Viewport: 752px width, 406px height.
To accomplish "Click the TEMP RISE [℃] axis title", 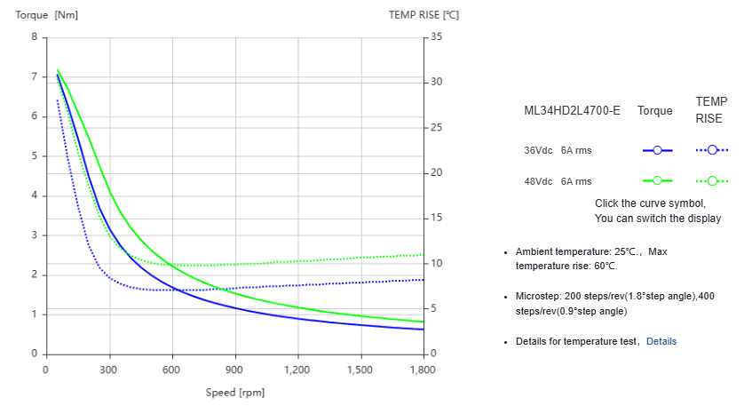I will pyautogui.click(x=424, y=14).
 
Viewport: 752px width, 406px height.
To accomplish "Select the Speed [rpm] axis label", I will pyautogui.click(x=234, y=392).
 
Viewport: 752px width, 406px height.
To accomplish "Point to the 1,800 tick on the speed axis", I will pyautogui.click(x=422, y=370).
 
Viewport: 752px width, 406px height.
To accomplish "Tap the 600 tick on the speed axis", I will pyautogui.click(x=171, y=370).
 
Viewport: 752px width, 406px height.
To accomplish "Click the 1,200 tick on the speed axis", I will pyautogui.click(x=297, y=370).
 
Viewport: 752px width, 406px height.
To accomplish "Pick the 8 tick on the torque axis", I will pyautogui.click(x=34, y=37).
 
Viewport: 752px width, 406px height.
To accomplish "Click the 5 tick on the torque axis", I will pyautogui.click(x=34, y=156).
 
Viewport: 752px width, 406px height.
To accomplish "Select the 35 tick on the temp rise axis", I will pyautogui.click(x=436, y=37).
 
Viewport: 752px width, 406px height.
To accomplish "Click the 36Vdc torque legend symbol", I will pyautogui.click(x=657, y=150).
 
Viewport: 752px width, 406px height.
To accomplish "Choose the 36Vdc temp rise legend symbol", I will pyautogui.click(x=712, y=150).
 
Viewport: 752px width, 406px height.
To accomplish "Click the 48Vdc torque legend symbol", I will pyautogui.click(x=657, y=181).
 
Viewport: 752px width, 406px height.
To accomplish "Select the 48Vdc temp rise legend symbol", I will pyautogui.click(x=712, y=181).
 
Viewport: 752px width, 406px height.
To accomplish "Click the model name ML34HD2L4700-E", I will pyautogui.click(x=572, y=111).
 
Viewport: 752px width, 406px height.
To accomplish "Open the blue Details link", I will pyautogui.click(x=661, y=341).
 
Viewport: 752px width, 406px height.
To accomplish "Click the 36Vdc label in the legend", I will pyautogui.click(x=539, y=150).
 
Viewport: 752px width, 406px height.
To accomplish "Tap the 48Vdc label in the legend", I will pyautogui.click(x=539, y=181).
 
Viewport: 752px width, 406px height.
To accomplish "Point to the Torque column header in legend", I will pyautogui.click(x=655, y=111).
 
